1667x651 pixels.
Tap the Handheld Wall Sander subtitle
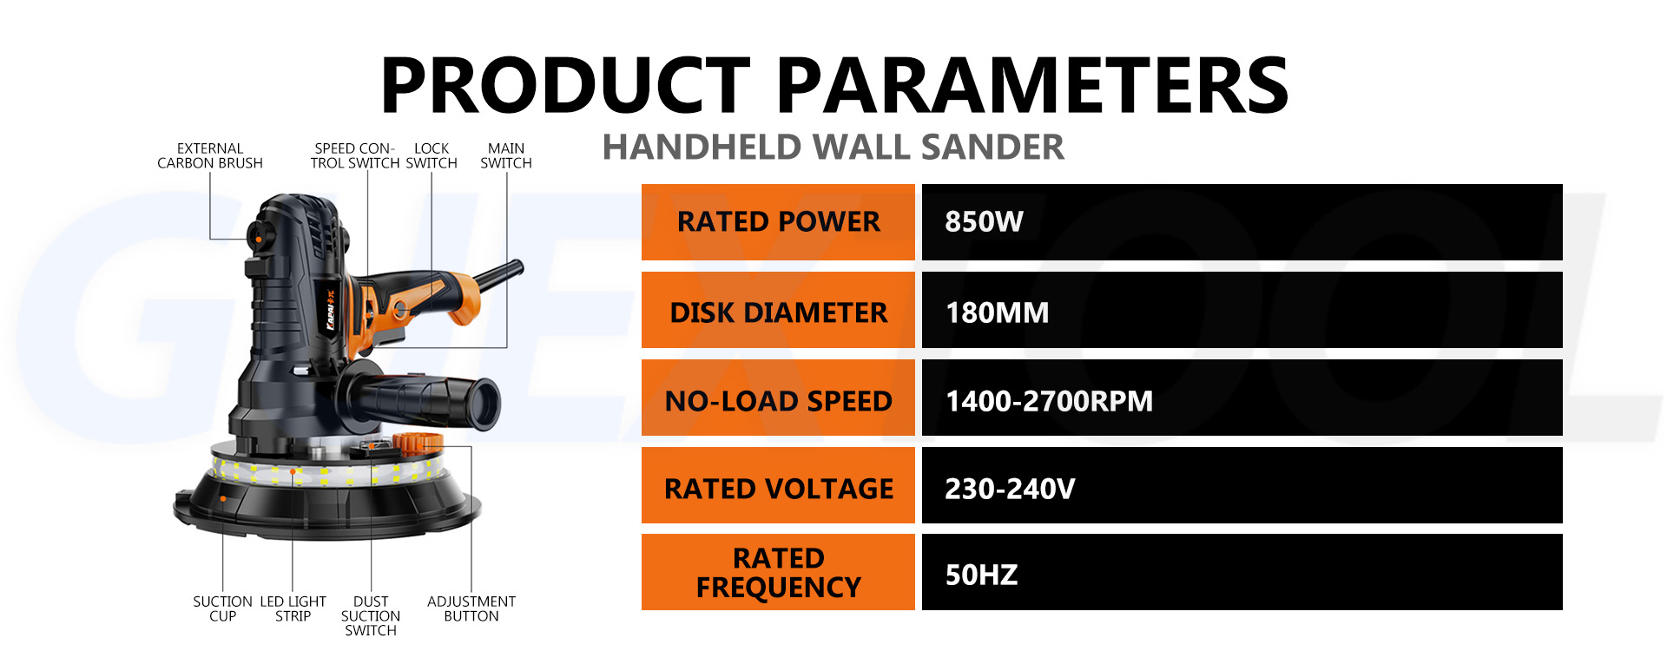(833, 147)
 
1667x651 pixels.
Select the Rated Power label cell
(778, 221)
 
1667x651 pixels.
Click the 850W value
(984, 221)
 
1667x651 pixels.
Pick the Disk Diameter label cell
(778, 312)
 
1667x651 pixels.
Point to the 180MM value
(997, 312)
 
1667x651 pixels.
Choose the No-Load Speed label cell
(778, 400)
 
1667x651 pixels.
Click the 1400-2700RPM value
(1049, 400)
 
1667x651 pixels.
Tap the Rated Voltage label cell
(778, 488)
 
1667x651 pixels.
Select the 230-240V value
(1010, 488)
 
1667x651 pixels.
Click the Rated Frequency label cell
(778, 572)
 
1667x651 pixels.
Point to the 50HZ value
(981, 575)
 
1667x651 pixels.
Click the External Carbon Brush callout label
(210, 155)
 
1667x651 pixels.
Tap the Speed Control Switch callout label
(355, 155)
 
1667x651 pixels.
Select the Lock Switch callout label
(432, 155)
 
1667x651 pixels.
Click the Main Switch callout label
(506, 155)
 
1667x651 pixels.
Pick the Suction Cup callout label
(222, 608)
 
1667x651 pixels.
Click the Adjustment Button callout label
(471, 608)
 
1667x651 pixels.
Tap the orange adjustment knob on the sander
(417, 443)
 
